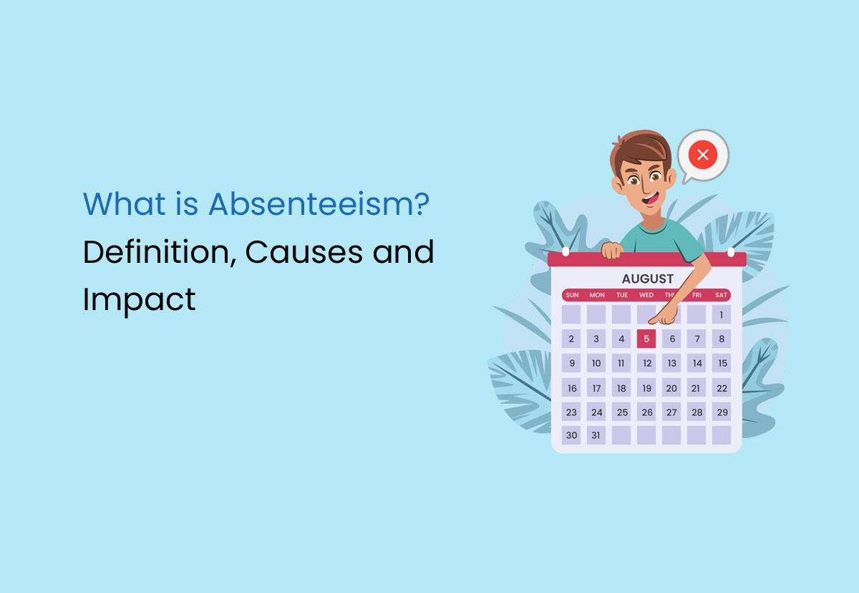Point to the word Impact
pos(139,299)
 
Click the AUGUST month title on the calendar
pos(647,279)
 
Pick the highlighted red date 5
pos(646,339)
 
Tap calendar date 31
pos(596,435)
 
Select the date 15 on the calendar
pos(722,363)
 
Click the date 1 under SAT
pos(722,314)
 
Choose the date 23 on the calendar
pos(571,412)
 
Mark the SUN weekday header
pos(572,295)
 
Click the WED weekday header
pos(646,295)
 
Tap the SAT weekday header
pos(721,295)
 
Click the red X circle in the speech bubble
pos(702,155)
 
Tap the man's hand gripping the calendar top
pos(612,251)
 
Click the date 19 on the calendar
pos(646,388)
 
